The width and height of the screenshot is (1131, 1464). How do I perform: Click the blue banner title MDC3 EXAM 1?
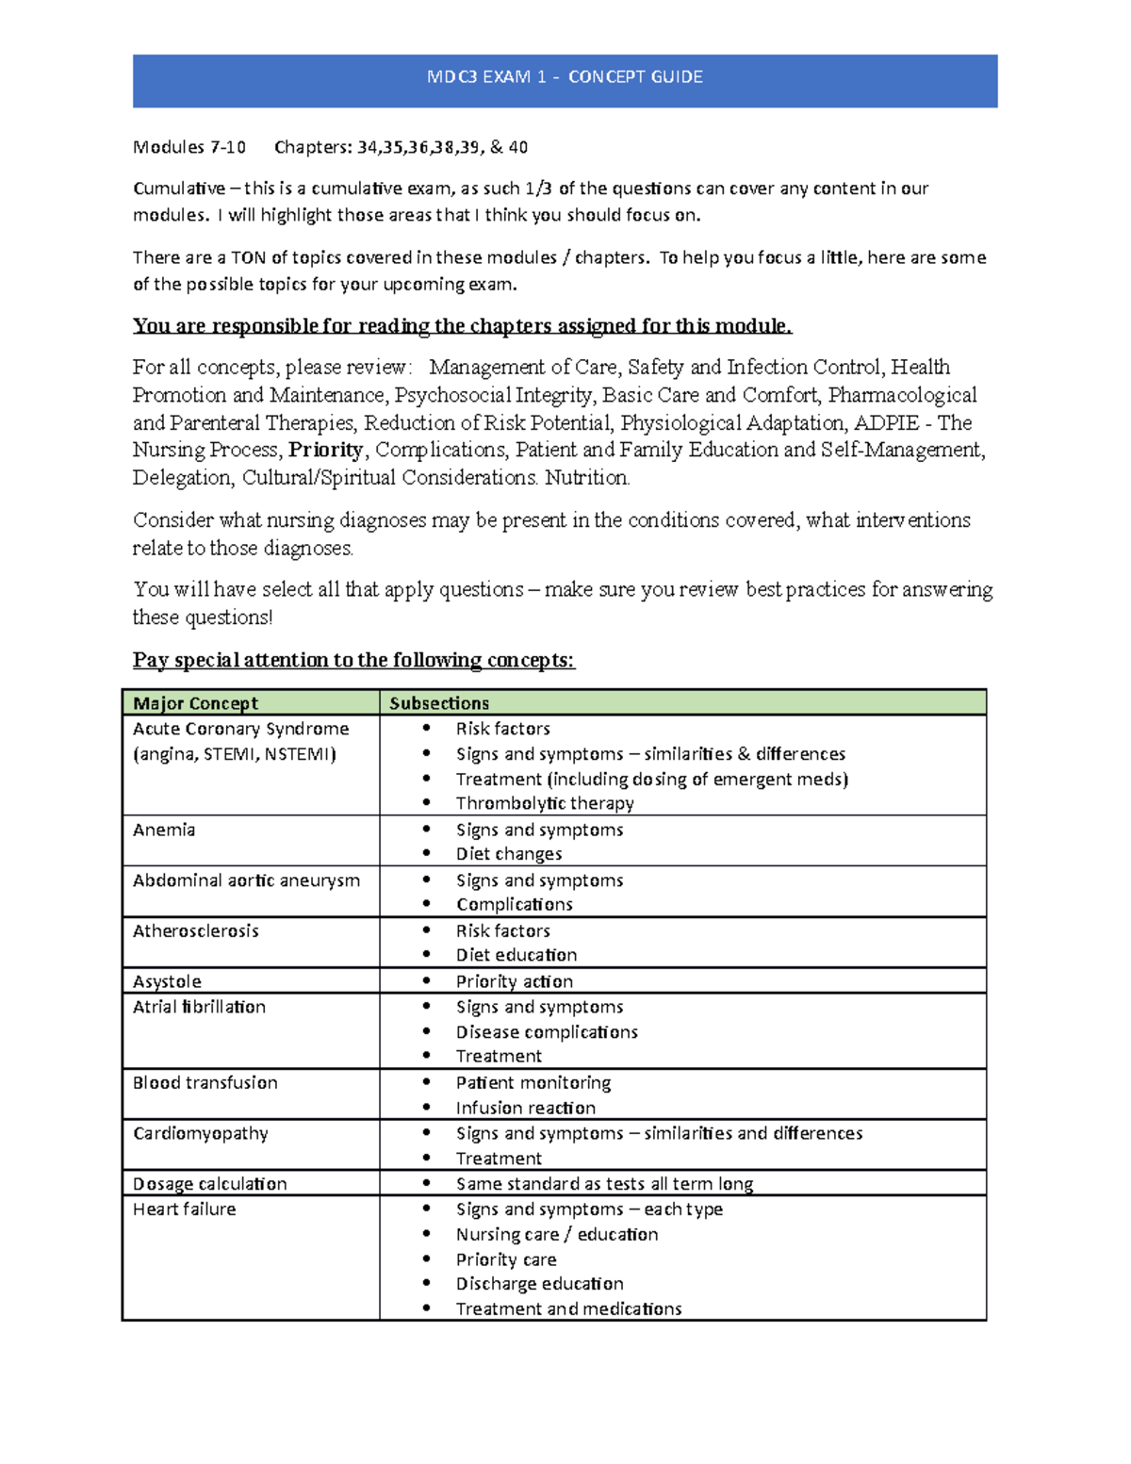pyautogui.click(x=565, y=77)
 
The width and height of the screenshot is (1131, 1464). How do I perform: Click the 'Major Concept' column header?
pyautogui.click(x=195, y=703)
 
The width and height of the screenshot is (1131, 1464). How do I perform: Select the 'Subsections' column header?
pyautogui.click(x=439, y=703)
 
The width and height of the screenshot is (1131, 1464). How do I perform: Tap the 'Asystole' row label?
pyautogui.click(x=167, y=981)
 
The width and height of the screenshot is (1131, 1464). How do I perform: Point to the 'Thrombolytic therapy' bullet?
pyautogui.click(x=545, y=803)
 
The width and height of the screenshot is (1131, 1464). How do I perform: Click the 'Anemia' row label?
pyautogui.click(x=164, y=830)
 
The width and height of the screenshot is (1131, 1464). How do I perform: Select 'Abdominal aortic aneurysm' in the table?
pyautogui.click(x=246, y=880)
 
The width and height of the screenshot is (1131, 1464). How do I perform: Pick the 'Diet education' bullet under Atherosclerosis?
pyautogui.click(x=516, y=955)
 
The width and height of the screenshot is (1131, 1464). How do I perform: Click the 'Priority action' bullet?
pyautogui.click(x=514, y=981)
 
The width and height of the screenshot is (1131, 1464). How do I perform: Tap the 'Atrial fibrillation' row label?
pyautogui.click(x=199, y=1007)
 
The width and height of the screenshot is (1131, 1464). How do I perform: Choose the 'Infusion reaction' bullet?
pyautogui.click(x=526, y=1108)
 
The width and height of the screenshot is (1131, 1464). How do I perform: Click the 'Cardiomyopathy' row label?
pyautogui.click(x=200, y=1133)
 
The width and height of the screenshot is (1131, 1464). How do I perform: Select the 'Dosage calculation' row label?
pyautogui.click(x=209, y=1184)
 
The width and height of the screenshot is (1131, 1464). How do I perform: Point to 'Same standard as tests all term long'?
pyautogui.click(x=604, y=1184)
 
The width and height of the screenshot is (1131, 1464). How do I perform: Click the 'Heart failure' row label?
pyautogui.click(x=184, y=1209)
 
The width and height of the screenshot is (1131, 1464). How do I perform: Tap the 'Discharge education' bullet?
pyautogui.click(x=539, y=1284)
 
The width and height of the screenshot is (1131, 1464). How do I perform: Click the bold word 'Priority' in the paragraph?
pyautogui.click(x=325, y=450)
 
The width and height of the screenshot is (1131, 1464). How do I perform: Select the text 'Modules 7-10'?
pyautogui.click(x=188, y=147)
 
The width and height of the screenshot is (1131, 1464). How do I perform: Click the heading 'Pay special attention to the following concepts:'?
pyautogui.click(x=353, y=660)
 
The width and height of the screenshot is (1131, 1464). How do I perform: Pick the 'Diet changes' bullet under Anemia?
pyautogui.click(x=509, y=854)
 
